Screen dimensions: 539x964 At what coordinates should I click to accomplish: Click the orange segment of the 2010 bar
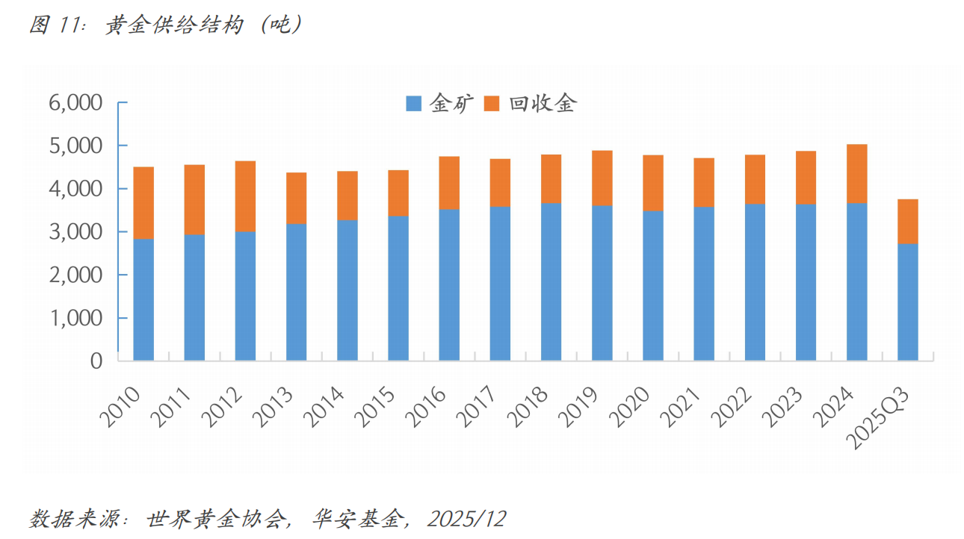point(143,202)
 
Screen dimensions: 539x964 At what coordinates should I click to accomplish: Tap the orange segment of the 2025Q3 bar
point(907,222)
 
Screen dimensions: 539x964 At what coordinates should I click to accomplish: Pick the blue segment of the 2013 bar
point(296,292)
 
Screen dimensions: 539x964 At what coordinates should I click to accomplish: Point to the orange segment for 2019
point(602,178)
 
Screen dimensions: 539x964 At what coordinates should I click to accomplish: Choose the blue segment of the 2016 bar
point(449,284)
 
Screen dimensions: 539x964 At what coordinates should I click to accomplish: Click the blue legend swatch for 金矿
point(413,105)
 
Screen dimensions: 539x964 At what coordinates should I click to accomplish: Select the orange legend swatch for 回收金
point(492,105)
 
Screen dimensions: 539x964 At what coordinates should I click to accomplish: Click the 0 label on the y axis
point(96,361)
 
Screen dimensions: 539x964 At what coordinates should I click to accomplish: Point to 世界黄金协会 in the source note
point(216,518)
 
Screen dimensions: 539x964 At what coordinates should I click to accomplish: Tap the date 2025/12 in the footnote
point(467,518)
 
